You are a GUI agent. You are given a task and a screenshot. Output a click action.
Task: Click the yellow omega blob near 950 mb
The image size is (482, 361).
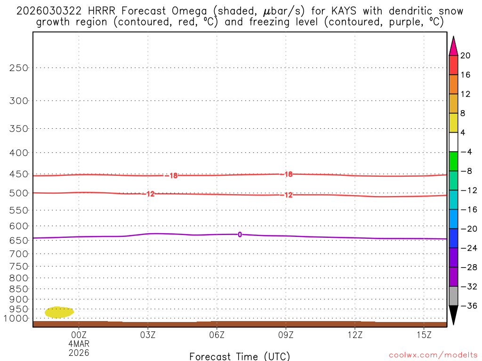click(59, 312)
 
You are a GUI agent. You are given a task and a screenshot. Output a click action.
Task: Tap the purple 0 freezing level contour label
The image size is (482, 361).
click(240, 235)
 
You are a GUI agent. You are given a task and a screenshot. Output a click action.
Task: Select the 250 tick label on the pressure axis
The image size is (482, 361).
click(19, 68)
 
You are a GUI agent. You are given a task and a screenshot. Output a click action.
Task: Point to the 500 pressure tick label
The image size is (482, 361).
click(19, 193)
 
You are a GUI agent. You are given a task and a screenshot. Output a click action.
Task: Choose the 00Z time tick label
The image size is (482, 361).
click(79, 335)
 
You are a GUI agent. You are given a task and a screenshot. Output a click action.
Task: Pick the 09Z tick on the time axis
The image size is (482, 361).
click(286, 335)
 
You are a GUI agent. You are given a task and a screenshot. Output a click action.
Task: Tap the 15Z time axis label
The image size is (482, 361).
click(424, 335)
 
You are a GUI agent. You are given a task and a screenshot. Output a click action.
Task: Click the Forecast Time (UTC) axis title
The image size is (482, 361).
click(240, 356)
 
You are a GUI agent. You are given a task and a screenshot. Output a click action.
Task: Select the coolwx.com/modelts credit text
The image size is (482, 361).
click(433, 354)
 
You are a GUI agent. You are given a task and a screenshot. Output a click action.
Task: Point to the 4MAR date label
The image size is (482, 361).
click(79, 344)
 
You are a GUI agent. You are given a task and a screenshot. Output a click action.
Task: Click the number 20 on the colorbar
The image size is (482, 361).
click(466, 55)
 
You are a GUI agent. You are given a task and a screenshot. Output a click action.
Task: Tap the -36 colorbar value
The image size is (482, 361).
click(467, 306)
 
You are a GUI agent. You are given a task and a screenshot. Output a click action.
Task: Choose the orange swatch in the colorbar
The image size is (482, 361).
click(453, 85)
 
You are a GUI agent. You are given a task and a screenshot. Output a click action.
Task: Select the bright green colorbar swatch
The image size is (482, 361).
click(453, 161)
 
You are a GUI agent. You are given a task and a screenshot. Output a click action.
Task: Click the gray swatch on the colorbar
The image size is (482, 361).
click(453, 296)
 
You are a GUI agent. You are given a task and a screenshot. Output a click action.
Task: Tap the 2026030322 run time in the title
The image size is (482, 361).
click(49, 11)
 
